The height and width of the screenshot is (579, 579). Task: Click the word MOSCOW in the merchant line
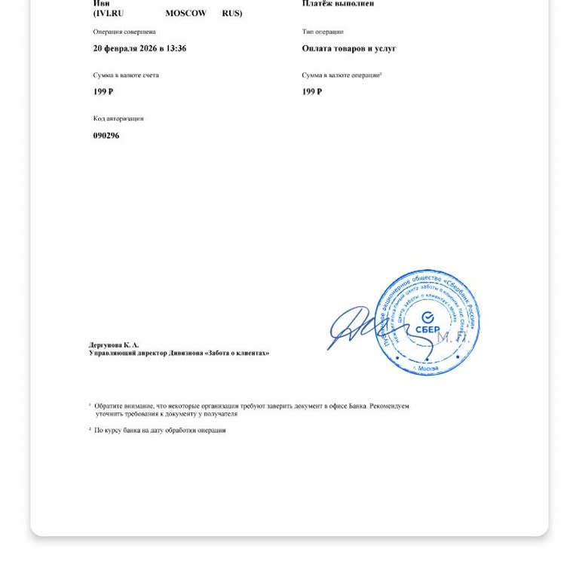(185, 14)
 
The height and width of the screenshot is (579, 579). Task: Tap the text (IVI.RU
(108, 14)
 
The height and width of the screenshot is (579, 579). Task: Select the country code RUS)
(231, 14)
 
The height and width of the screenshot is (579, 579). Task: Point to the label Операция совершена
(124, 32)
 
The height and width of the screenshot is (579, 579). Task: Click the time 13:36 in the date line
(176, 48)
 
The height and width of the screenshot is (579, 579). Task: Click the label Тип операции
(322, 32)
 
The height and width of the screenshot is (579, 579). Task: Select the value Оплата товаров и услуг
(348, 48)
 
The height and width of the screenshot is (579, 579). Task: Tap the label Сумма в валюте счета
(125, 75)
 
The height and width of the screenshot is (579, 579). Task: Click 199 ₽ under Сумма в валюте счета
(103, 92)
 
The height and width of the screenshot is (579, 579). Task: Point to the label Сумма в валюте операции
(341, 75)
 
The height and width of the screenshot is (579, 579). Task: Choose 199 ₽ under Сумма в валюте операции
(311, 92)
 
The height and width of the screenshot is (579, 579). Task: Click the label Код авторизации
(118, 118)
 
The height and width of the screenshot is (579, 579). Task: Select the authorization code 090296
(106, 136)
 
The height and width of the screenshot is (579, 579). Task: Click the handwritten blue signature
(354, 326)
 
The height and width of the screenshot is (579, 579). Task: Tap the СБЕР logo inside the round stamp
(427, 324)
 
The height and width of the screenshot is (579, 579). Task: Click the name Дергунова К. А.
(114, 345)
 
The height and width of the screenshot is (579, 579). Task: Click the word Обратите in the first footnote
(108, 406)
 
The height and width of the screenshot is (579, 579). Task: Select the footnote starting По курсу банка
(159, 430)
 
